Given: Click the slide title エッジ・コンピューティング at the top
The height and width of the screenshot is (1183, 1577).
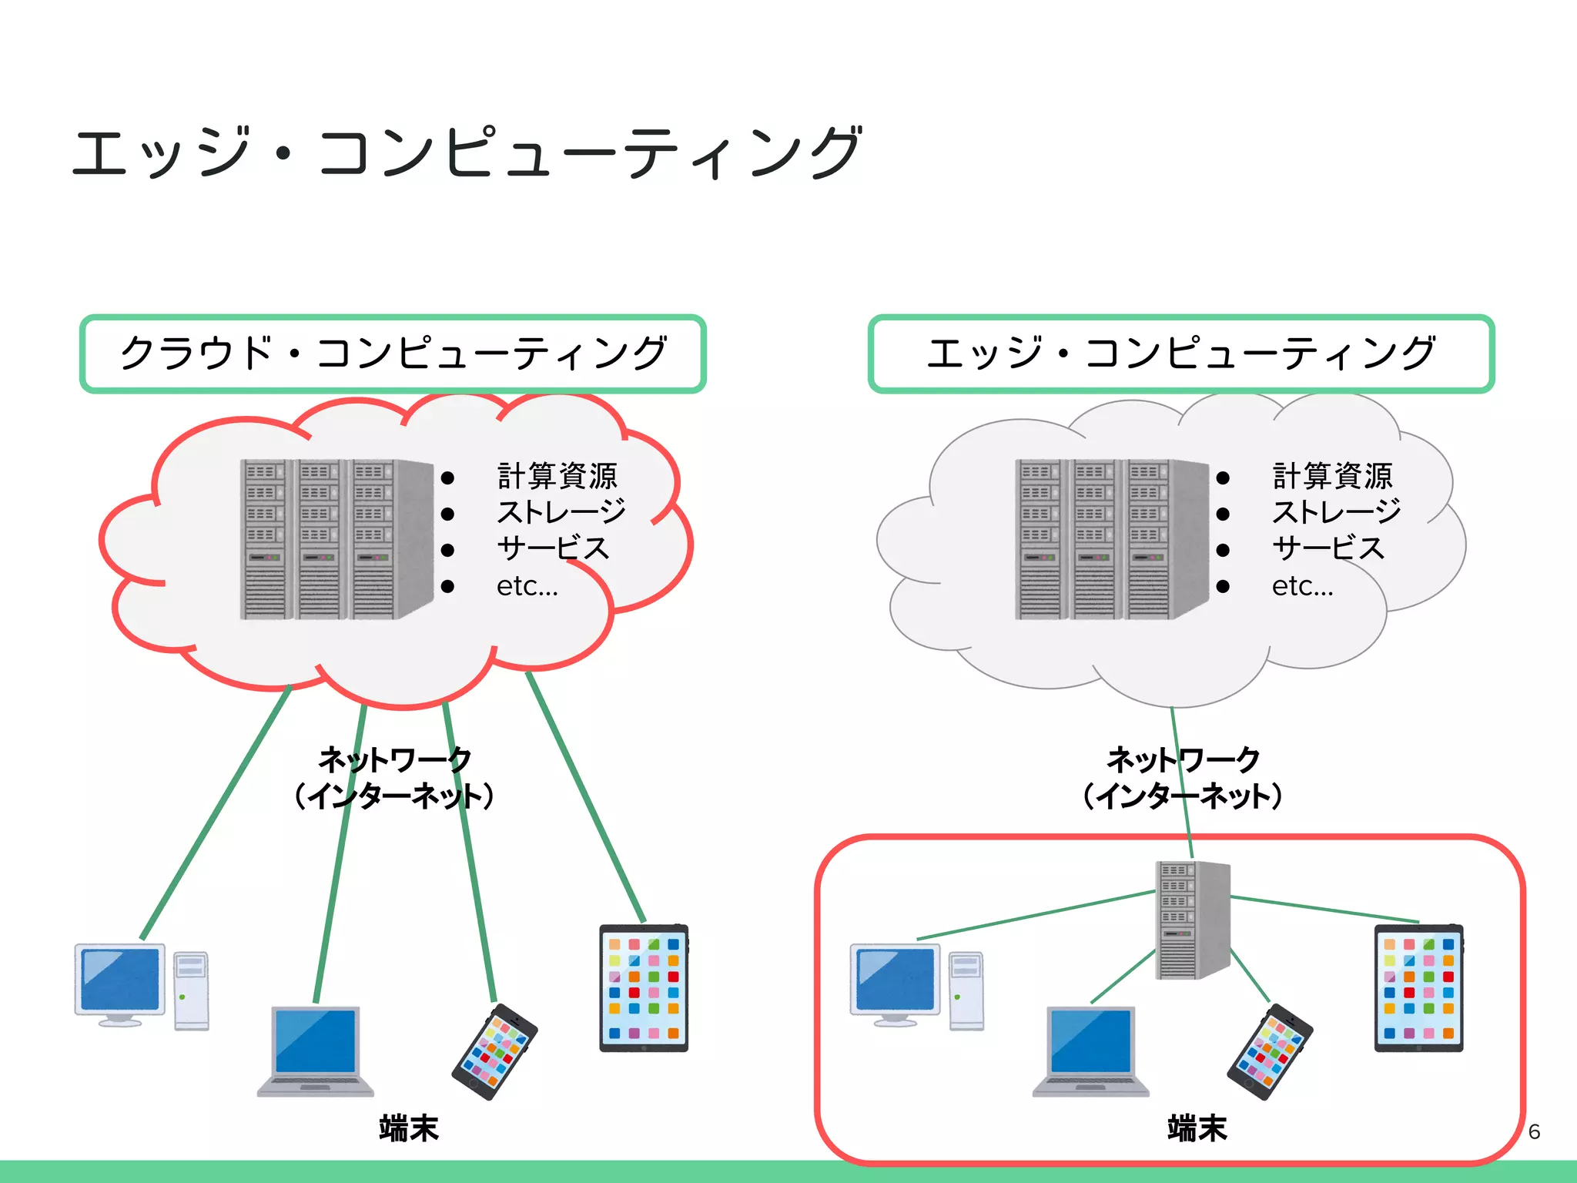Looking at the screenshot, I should pyautogui.click(x=466, y=152).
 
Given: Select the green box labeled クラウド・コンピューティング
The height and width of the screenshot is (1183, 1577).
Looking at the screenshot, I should pyautogui.click(x=393, y=354).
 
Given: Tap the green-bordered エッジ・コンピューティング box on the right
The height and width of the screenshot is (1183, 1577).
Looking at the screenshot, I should pyautogui.click(x=1181, y=354).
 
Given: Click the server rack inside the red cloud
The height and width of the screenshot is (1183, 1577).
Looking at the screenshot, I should pyautogui.click(x=336, y=539).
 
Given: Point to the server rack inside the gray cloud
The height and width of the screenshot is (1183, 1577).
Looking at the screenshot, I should pyautogui.click(x=1111, y=539).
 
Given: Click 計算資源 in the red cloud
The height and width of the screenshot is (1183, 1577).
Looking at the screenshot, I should pyautogui.click(x=557, y=476).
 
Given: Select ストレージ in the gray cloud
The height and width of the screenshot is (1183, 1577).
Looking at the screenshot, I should pyautogui.click(x=1336, y=512).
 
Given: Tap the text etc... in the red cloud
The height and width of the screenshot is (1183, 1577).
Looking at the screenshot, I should pyautogui.click(x=527, y=586).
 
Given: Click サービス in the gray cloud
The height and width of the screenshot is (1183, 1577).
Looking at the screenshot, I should pyautogui.click(x=1328, y=548).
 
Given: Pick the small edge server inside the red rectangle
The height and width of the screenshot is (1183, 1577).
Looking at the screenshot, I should pyautogui.click(x=1192, y=920).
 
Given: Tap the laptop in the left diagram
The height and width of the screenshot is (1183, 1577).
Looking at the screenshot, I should pyautogui.click(x=316, y=1051).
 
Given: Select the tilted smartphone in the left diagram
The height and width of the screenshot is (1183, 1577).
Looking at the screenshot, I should pyautogui.click(x=494, y=1051).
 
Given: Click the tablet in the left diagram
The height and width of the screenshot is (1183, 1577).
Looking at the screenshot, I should pyautogui.click(x=644, y=988).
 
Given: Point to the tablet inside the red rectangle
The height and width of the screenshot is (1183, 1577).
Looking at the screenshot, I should pyautogui.click(x=1418, y=988).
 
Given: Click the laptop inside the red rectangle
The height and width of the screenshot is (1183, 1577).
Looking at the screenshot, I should pyautogui.click(x=1091, y=1051).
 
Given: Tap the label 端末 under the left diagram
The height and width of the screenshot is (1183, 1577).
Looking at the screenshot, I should pyautogui.click(x=408, y=1128).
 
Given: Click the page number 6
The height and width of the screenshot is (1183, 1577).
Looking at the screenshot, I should pyautogui.click(x=1534, y=1131).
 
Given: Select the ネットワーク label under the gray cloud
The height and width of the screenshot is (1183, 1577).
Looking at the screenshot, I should pyautogui.click(x=1183, y=760).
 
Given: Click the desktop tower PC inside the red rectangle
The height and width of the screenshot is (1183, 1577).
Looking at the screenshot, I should pyautogui.click(x=966, y=991).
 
